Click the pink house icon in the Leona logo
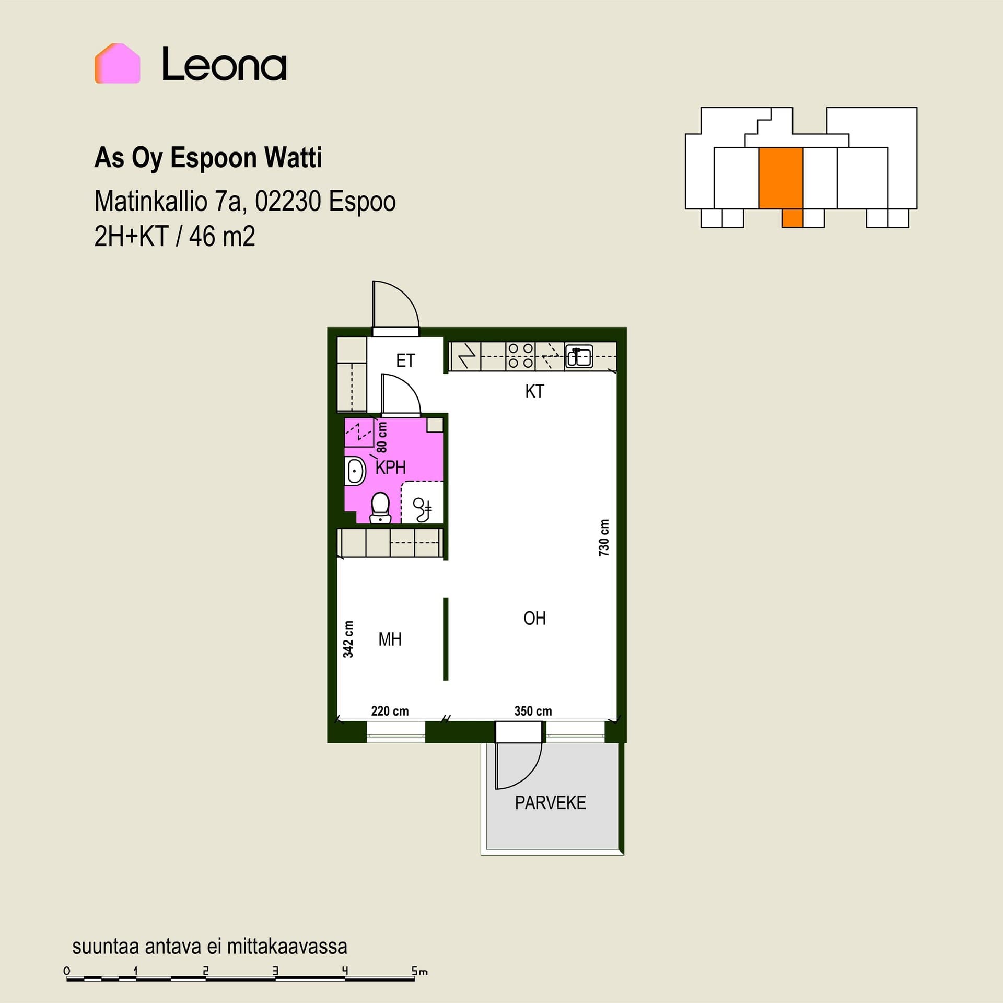coord(117,63)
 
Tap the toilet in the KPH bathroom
coord(380,508)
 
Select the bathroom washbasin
coord(355,471)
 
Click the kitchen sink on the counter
coord(579,357)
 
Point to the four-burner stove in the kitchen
coord(520,356)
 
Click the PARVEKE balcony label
coord(550,803)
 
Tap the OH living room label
coord(534,619)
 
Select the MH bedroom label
coord(390,639)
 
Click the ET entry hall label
coord(405,360)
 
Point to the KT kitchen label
coord(534,391)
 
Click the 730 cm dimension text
coord(604,538)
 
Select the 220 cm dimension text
coord(390,711)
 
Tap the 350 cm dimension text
coord(533,711)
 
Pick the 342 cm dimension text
coord(348,639)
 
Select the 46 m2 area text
coord(222,236)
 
